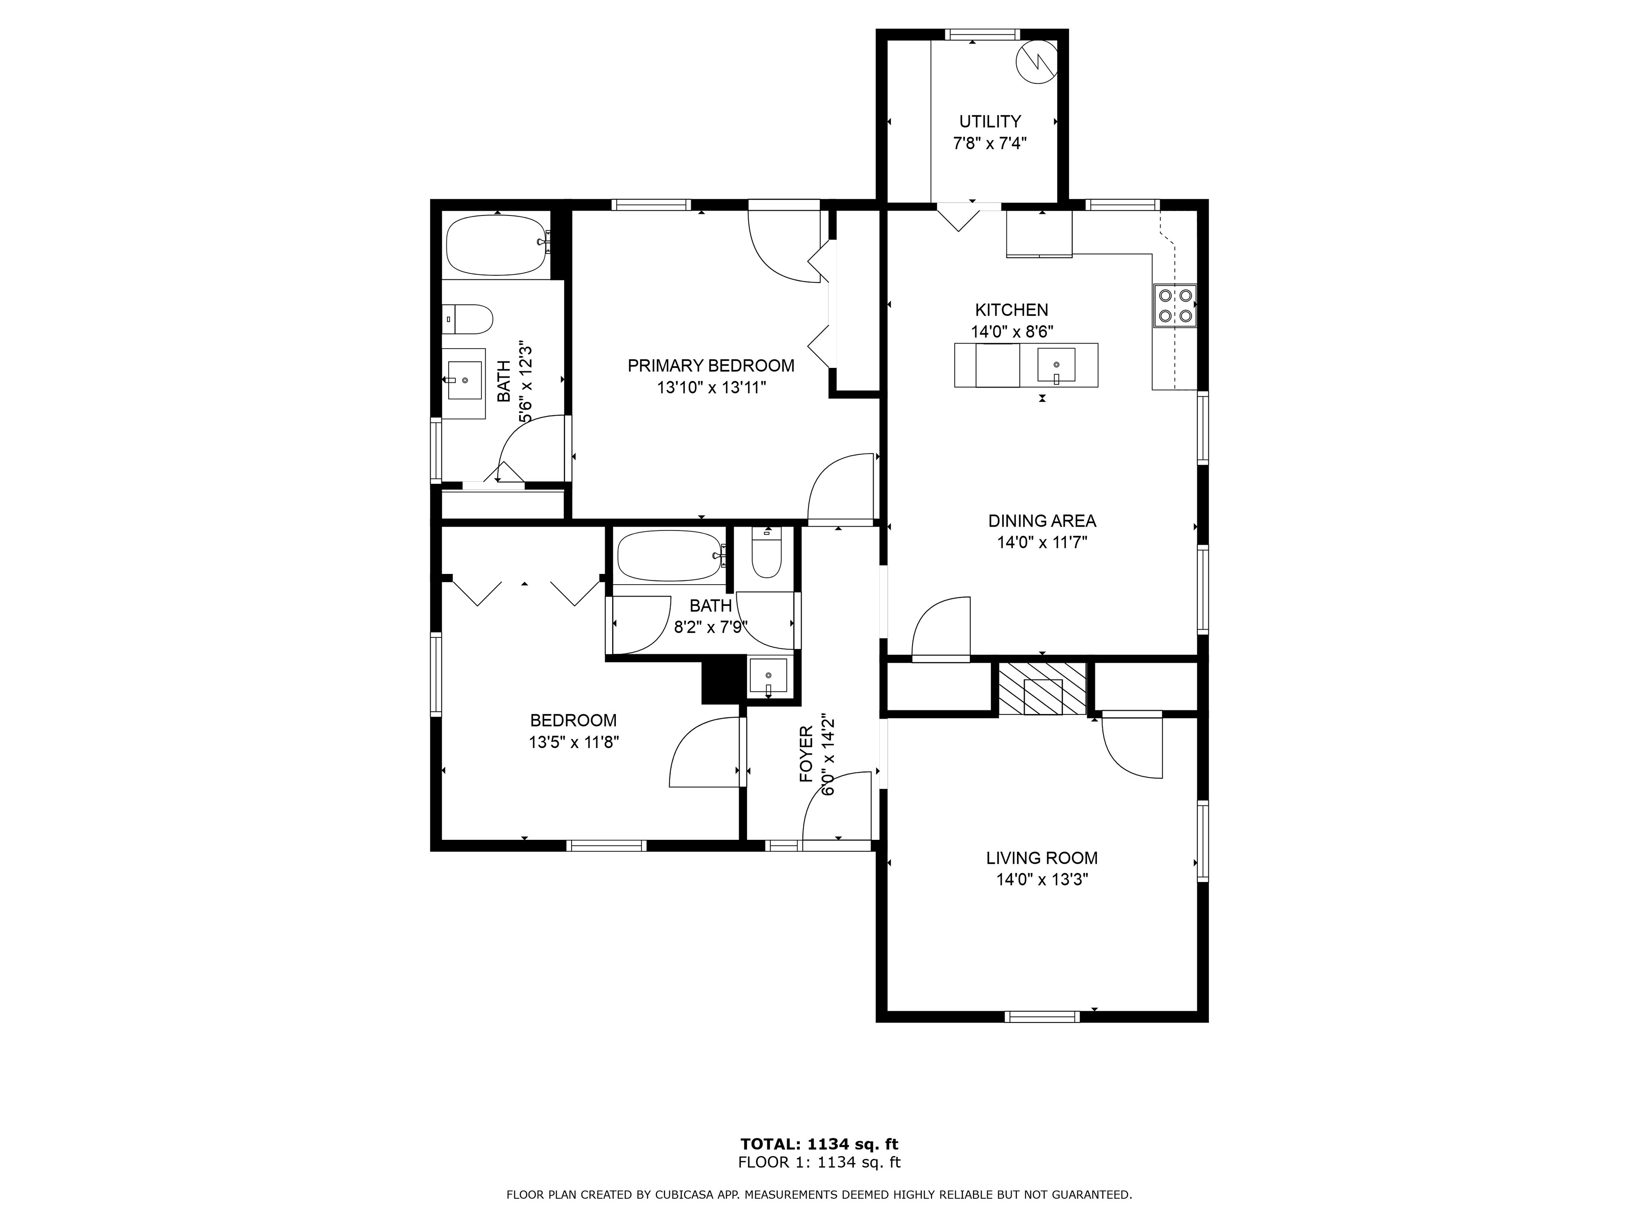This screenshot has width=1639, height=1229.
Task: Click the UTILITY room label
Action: (990, 122)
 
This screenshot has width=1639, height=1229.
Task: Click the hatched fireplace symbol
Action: (1043, 689)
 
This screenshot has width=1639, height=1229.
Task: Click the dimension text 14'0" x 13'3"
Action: (1042, 880)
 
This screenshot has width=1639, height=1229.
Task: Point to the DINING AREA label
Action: (1042, 521)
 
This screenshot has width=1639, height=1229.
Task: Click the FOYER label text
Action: (807, 754)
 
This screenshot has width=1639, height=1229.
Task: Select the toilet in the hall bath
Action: (767, 552)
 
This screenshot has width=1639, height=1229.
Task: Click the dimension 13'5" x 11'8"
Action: (574, 742)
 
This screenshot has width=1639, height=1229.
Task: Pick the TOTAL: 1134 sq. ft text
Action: (819, 1145)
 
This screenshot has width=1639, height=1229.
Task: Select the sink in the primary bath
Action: (464, 380)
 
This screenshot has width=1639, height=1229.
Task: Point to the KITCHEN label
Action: (1012, 310)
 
